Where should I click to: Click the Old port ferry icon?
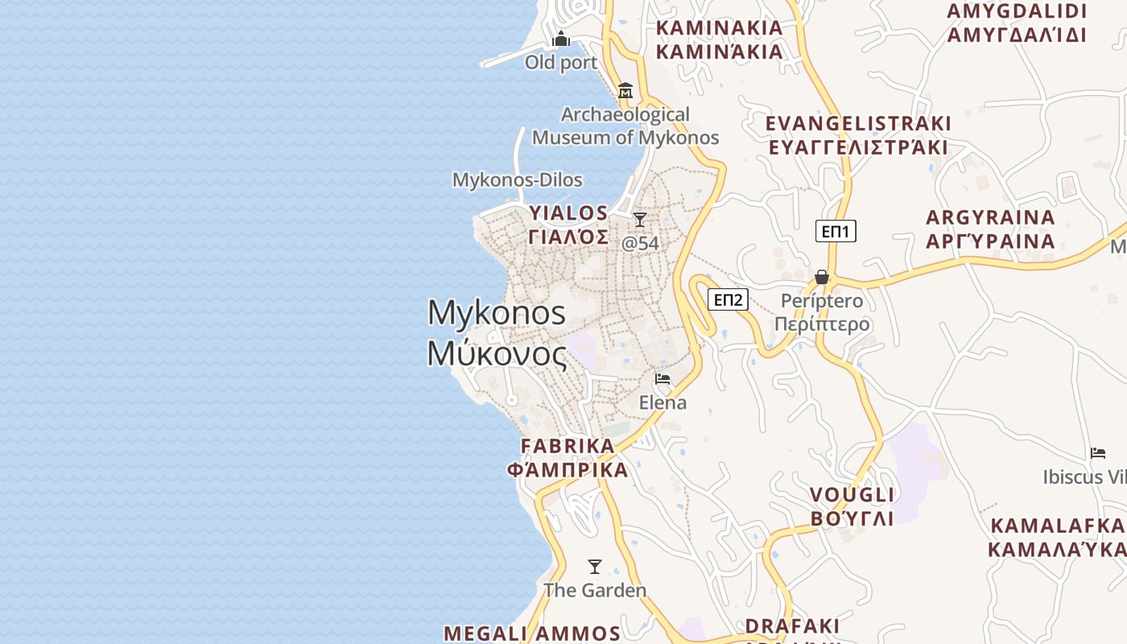coord(561,39)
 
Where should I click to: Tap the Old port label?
coord(561,62)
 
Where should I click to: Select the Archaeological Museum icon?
coord(625,90)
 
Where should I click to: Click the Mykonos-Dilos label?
coord(517,180)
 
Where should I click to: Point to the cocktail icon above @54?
coord(640,219)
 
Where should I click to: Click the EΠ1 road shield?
coord(836,232)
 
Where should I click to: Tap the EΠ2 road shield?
coord(728,300)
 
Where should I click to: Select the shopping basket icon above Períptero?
coord(822,277)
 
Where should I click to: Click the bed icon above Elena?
coord(663,378)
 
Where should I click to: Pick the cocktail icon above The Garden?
coord(595,567)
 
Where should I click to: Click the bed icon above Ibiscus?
coord(1098,452)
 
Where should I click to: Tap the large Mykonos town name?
coord(497,332)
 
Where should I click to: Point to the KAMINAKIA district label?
coord(719,39)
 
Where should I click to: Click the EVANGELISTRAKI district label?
coord(858,135)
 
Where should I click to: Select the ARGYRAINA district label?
coord(990,229)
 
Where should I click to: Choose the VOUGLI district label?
coord(852,506)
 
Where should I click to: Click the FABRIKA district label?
coord(568,457)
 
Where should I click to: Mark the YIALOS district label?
coord(568,225)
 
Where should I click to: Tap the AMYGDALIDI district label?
coord(1017,23)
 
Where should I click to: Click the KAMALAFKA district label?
coord(1056,537)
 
